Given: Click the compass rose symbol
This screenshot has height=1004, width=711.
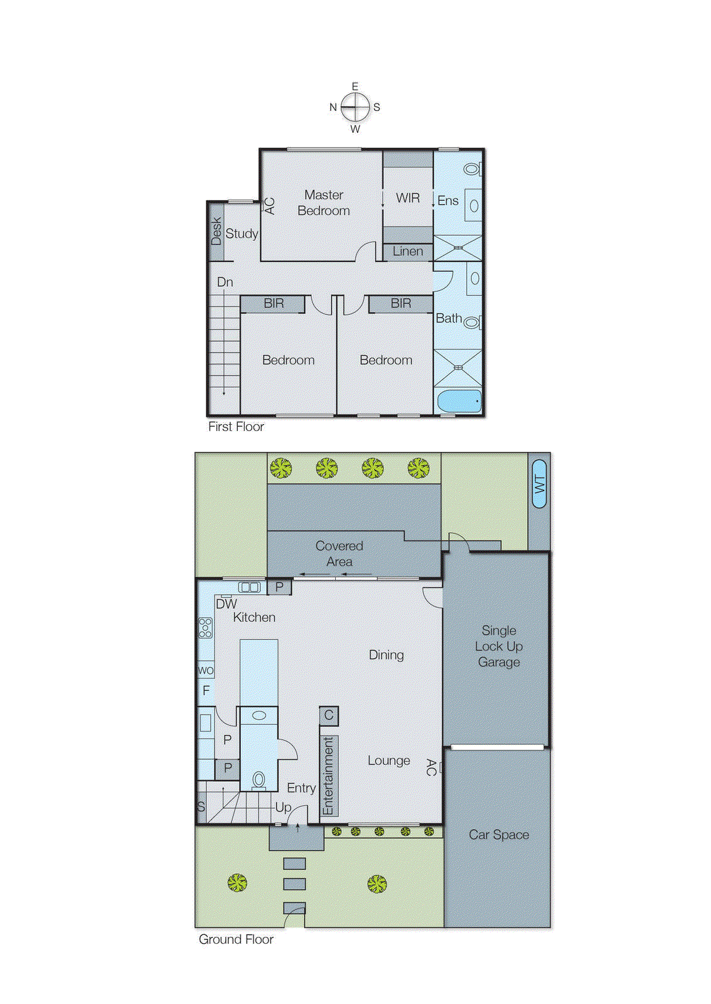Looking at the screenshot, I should click(x=355, y=107).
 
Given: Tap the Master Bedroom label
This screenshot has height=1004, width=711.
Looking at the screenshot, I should click(x=324, y=203).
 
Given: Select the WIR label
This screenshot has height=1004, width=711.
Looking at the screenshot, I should click(x=408, y=198).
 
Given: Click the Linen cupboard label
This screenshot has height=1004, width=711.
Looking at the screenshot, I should click(x=408, y=252).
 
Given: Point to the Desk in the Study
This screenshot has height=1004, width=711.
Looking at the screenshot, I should click(x=217, y=231).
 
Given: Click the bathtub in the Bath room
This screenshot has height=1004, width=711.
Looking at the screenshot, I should click(x=459, y=401).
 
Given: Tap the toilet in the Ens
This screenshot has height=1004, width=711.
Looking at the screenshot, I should click(x=472, y=169).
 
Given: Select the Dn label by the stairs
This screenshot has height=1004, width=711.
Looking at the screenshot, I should click(x=225, y=282).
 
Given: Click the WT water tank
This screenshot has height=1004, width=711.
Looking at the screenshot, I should click(x=540, y=484).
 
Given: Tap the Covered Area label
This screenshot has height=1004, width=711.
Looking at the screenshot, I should click(x=339, y=553).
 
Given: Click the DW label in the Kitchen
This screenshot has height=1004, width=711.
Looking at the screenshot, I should click(x=226, y=604).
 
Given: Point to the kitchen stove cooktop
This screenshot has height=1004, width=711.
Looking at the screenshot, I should click(x=205, y=627).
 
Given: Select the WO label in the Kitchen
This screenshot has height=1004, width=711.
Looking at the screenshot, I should click(x=206, y=670).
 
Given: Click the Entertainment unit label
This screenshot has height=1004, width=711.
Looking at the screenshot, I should click(x=329, y=776).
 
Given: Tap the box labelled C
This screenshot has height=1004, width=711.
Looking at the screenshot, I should click(x=329, y=715).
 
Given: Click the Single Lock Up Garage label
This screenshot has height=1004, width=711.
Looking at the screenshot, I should click(x=498, y=646).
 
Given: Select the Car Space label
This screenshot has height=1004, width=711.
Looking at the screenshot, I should click(x=498, y=835).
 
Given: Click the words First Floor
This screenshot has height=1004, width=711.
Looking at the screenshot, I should click(x=236, y=427).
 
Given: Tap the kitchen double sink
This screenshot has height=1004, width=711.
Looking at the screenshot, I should click(x=250, y=587).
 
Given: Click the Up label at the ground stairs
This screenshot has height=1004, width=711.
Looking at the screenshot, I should click(x=283, y=807).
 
